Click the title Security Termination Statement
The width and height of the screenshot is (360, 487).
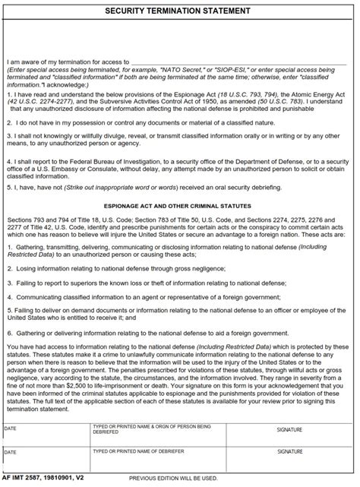tap(179, 11)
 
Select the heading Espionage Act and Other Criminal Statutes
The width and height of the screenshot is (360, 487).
tap(179, 205)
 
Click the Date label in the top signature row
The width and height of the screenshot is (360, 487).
tap(10, 429)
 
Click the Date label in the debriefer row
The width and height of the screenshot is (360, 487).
tap(10, 451)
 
